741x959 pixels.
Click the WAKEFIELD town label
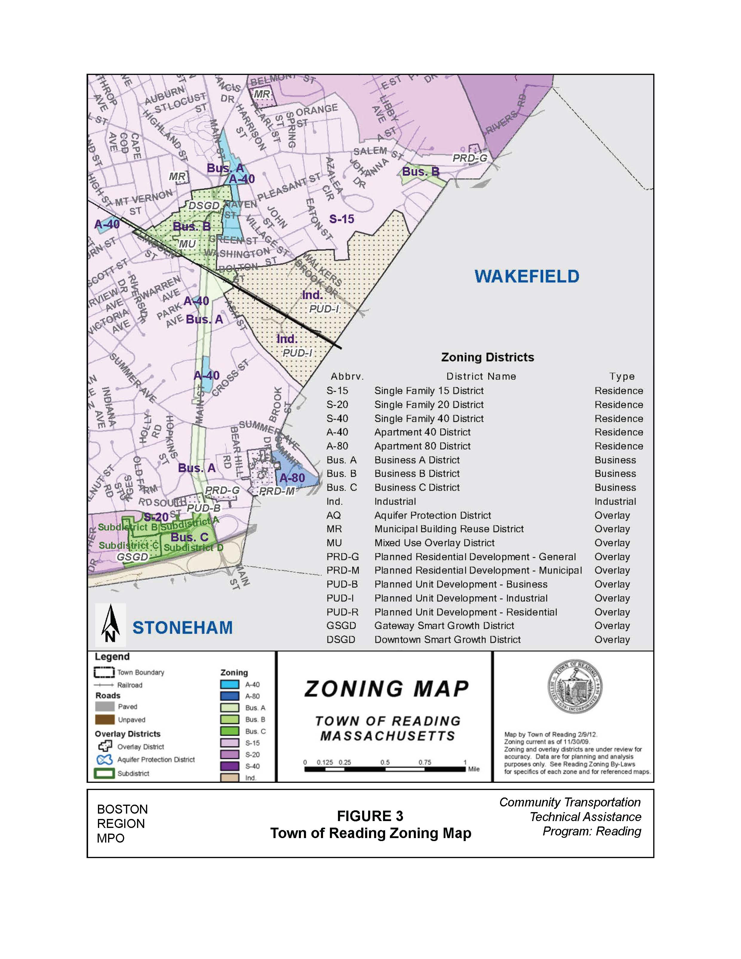pyautogui.click(x=527, y=276)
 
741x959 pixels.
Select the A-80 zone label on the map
pyautogui.click(x=292, y=478)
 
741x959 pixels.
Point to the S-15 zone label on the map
pyautogui.click(x=342, y=219)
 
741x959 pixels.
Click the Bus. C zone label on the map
pyautogui.click(x=189, y=537)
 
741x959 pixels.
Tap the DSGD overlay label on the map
pyautogui.click(x=204, y=205)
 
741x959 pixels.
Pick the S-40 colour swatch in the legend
pyautogui.click(x=230, y=766)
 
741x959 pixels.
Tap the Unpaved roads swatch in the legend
pyautogui.click(x=104, y=720)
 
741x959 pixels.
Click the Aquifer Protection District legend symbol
pyautogui.click(x=104, y=760)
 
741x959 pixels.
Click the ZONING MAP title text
pyautogui.click(x=387, y=689)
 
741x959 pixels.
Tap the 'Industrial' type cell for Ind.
pyautogui.click(x=615, y=502)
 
